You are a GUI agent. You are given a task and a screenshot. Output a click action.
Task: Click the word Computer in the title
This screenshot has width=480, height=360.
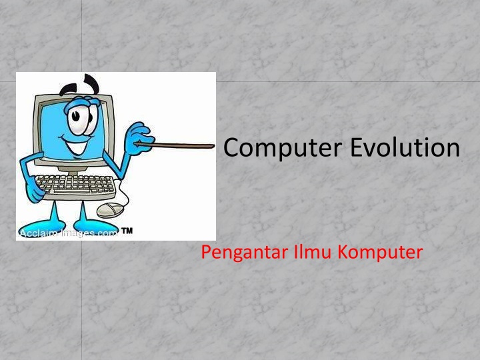284,148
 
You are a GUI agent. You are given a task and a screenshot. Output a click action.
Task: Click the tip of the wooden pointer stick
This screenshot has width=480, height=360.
212,145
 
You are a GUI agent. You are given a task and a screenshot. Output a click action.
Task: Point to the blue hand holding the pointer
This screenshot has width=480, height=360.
139,136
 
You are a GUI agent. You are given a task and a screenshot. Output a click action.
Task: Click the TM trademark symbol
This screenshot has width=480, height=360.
127,231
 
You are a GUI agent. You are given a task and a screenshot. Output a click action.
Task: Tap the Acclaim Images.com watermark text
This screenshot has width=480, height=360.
67,233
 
